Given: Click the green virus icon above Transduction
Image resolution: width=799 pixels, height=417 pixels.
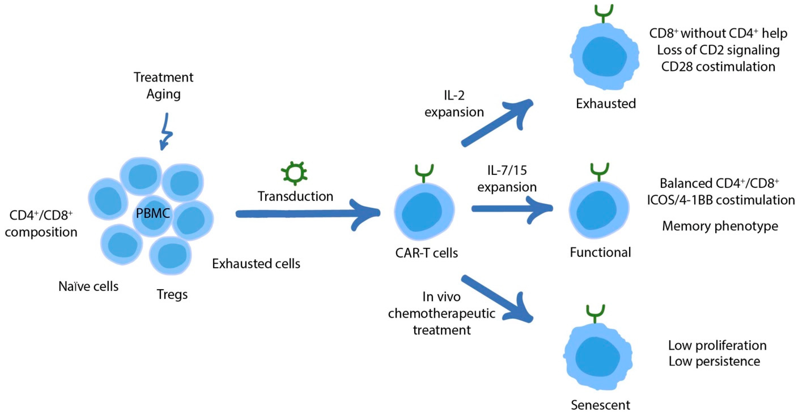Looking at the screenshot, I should [x=294, y=173].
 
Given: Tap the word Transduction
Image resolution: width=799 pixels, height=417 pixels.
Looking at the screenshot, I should [x=295, y=196].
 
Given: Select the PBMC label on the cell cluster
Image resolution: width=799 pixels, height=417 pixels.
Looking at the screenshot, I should [x=153, y=213].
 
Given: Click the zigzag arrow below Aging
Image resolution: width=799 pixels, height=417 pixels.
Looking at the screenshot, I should [x=166, y=132].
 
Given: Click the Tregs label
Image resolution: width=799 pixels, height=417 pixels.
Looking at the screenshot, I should [x=172, y=294].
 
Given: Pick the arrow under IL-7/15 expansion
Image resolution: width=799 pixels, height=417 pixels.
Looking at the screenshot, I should [x=512, y=209].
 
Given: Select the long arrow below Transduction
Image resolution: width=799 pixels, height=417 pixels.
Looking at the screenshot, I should [x=307, y=214].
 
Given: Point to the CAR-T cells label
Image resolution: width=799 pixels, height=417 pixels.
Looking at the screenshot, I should [x=426, y=253].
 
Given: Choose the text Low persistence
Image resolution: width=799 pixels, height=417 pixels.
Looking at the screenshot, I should [x=714, y=361].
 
